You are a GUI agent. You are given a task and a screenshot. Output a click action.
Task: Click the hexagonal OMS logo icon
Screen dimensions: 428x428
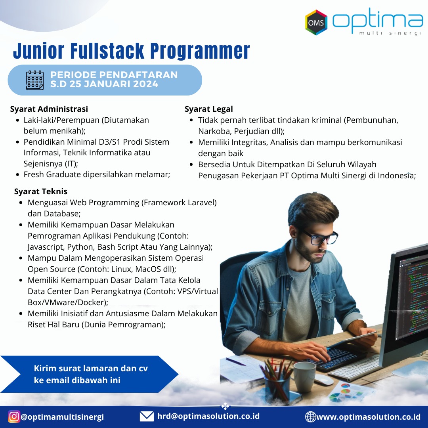316,22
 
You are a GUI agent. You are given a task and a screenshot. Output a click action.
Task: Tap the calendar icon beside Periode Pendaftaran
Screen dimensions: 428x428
34,80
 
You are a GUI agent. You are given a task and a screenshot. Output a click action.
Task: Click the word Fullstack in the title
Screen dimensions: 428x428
107,51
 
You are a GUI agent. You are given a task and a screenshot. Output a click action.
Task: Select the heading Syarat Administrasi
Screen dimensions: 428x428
49,109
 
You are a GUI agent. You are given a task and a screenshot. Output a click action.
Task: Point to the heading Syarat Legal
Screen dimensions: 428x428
209,109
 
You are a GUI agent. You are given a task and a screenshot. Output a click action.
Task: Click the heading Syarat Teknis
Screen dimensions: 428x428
41,191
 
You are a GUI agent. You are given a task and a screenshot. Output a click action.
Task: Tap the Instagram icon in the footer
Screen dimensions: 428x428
13,417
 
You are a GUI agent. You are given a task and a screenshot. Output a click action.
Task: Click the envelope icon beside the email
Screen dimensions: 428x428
147,417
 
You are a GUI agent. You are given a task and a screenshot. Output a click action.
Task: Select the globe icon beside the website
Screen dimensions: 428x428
310,417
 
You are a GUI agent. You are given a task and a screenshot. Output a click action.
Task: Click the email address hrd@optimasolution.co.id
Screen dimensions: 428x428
208,416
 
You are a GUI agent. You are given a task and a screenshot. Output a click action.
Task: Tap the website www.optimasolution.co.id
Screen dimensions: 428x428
369,417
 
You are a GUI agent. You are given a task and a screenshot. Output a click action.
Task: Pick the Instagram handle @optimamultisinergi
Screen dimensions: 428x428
62,417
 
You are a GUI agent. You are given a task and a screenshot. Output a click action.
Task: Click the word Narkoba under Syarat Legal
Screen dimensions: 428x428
215,131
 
